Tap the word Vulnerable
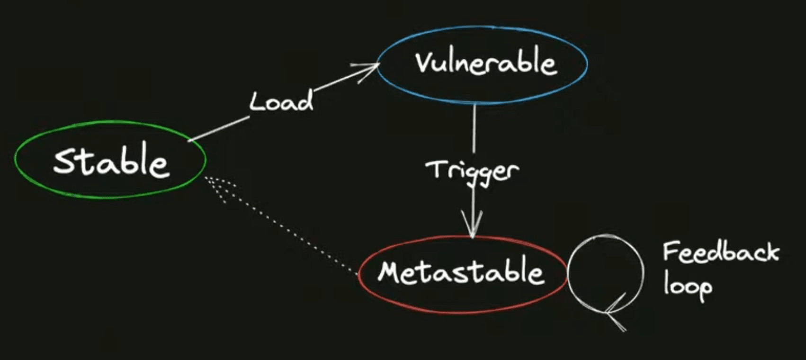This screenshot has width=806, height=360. (486, 63)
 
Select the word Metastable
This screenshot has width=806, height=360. (461, 272)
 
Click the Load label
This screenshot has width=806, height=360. (281, 101)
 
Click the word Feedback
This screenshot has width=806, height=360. (720, 252)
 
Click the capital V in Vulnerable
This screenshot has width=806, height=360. (425, 63)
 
